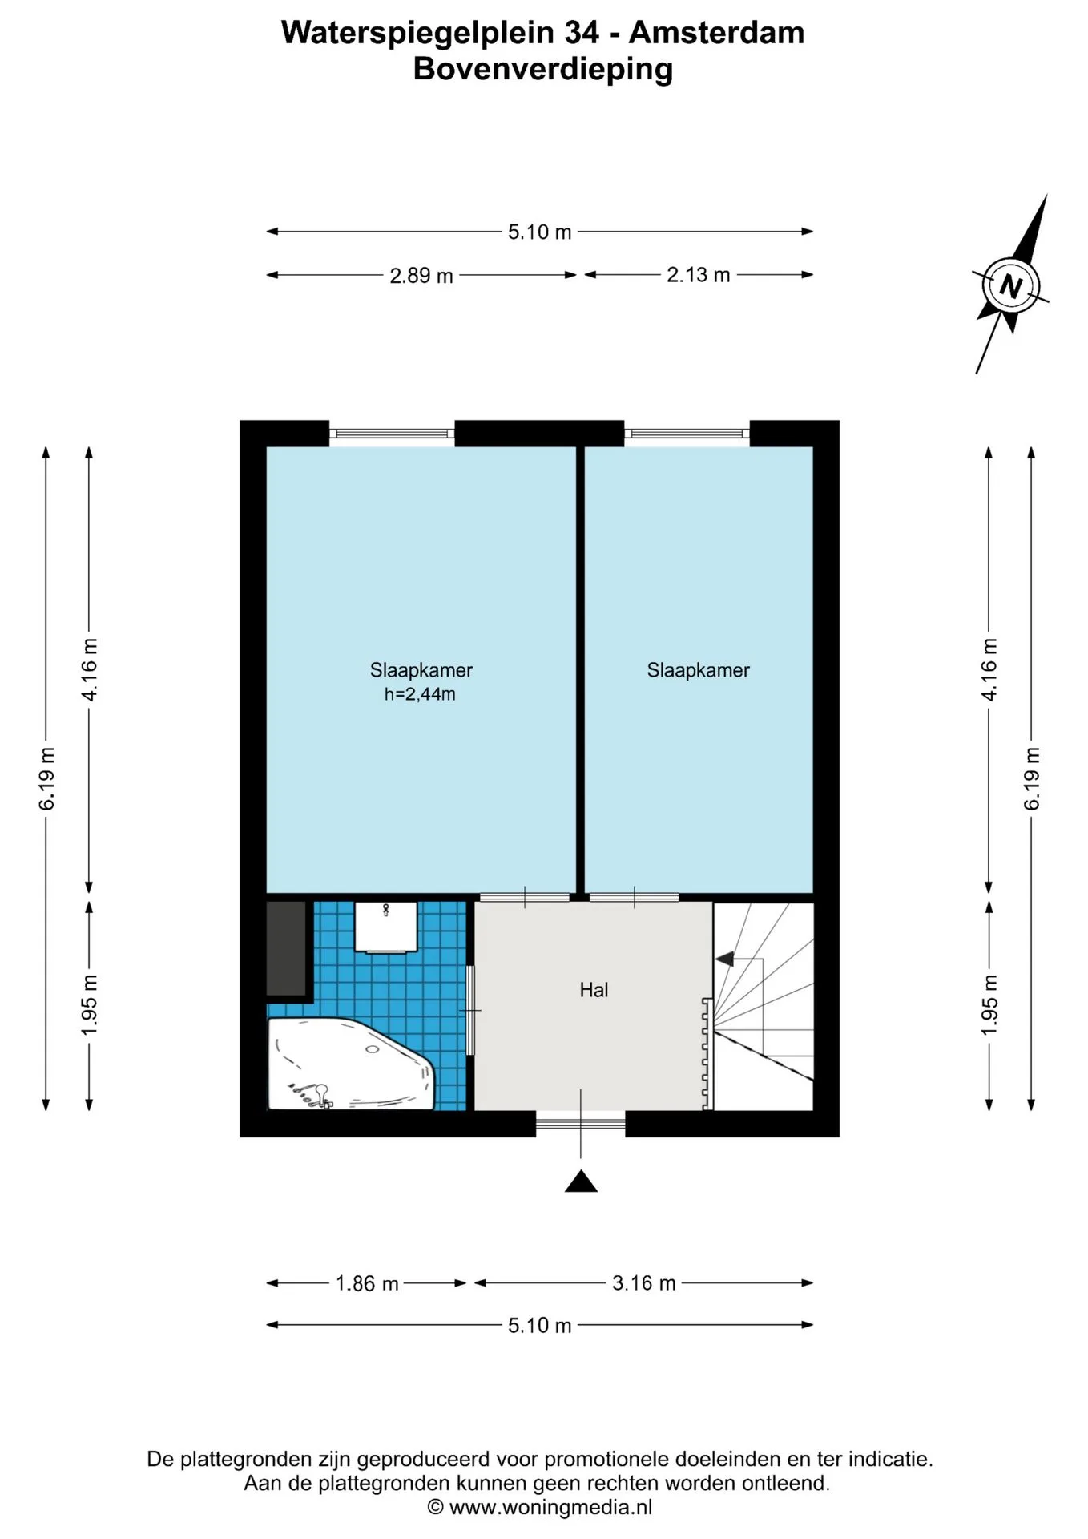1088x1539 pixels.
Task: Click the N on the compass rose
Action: click(1011, 285)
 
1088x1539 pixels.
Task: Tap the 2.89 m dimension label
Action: click(421, 276)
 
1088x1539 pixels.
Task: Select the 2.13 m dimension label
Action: click(699, 275)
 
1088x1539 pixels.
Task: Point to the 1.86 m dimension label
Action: click(367, 1283)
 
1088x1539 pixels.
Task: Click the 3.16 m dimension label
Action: click(644, 1282)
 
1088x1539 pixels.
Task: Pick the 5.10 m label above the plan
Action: click(540, 232)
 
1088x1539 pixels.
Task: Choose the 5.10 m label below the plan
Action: click(540, 1325)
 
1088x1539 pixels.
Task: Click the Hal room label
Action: click(594, 990)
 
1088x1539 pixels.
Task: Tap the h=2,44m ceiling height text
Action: click(420, 694)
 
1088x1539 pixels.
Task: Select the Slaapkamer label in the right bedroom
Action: click(699, 670)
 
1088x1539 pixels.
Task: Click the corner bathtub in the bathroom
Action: click(350, 1064)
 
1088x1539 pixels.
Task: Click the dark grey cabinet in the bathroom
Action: click(287, 948)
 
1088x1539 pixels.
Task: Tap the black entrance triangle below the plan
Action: click(581, 1182)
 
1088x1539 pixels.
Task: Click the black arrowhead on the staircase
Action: click(725, 958)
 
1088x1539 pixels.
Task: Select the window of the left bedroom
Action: click(392, 434)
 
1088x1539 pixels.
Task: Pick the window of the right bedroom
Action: click(687, 434)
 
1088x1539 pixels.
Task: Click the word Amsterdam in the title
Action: click(716, 33)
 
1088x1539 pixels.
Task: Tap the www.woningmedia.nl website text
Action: click(550, 1507)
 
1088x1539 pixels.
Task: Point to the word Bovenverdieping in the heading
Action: click(543, 69)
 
